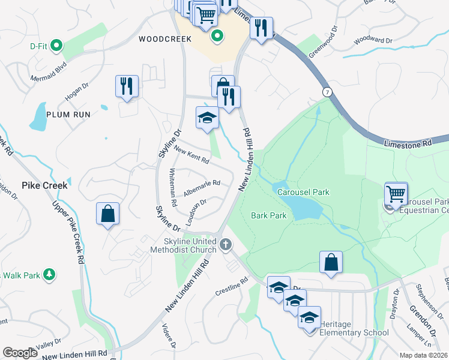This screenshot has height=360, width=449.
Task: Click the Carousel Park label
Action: (303, 193)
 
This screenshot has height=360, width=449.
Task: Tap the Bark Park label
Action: (268, 215)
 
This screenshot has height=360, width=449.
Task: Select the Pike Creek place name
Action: (44, 185)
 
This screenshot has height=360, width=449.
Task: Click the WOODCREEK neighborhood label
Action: (164, 39)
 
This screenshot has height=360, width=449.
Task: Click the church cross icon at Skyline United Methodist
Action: (226, 244)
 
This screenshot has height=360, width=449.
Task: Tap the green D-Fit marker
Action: (57, 44)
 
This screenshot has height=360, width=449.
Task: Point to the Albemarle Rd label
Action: (202, 187)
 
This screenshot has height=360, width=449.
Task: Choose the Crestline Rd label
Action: (232, 286)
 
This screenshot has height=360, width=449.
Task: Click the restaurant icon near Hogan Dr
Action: (127, 86)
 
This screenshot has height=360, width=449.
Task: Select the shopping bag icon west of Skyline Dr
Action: (107, 213)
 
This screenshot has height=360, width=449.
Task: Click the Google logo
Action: (20, 353)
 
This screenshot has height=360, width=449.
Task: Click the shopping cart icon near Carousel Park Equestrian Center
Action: (396, 193)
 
